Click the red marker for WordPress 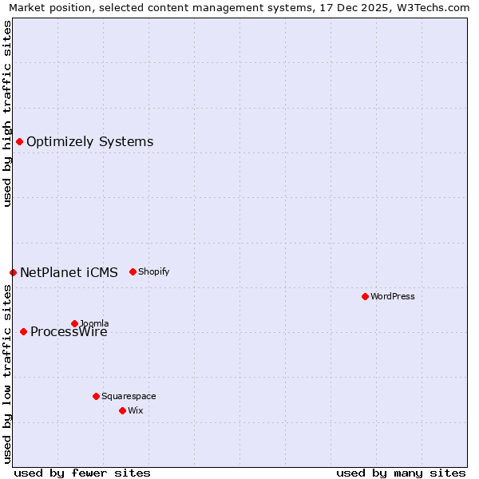365,296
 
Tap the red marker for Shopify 133,271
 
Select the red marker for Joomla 74,323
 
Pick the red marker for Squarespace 96,396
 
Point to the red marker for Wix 122,410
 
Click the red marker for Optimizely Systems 19,141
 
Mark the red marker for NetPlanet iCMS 13,272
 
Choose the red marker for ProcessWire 23,331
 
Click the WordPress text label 393,296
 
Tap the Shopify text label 154,271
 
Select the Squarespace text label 129,396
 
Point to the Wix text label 136,410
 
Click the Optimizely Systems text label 90,142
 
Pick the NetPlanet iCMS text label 69,272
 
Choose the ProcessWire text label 69,332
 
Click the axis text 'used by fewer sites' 82,473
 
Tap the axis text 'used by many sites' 401,473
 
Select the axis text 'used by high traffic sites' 7,113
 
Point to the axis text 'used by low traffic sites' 7,374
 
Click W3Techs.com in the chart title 432,8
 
